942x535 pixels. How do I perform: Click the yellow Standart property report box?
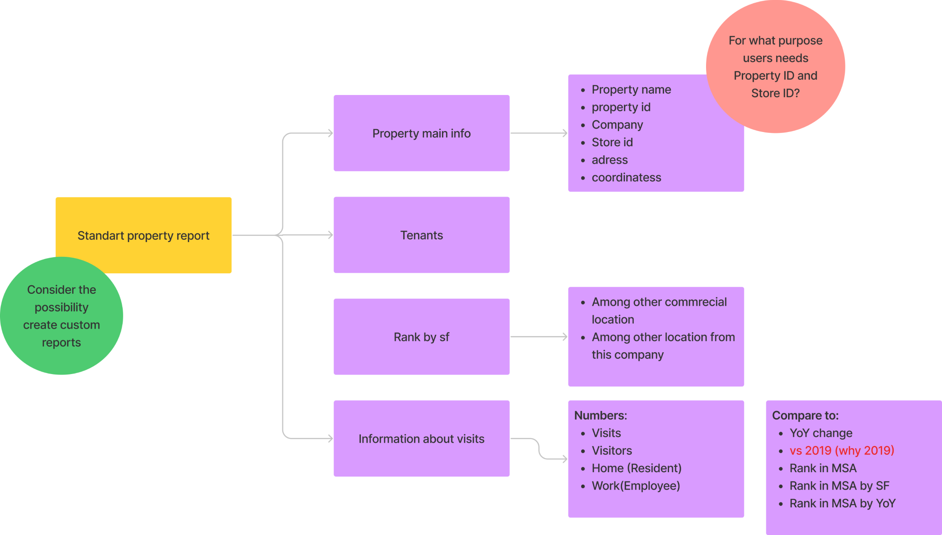pos(143,235)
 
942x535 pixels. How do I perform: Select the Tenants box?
pos(421,235)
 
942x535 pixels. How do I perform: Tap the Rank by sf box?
pos(421,337)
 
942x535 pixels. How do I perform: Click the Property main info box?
pos(421,133)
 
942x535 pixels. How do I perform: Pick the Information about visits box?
pos(421,439)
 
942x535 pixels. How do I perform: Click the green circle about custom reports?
pos(62,316)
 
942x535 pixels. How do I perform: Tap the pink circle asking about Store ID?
pos(775,67)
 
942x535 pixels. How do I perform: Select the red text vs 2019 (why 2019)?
pos(841,450)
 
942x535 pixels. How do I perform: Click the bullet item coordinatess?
pos(626,177)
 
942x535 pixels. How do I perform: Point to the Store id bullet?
pos(612,142)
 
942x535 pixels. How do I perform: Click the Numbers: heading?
pos(600,416)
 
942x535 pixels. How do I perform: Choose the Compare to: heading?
pos(805,416)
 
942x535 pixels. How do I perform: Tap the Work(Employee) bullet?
pos(636,486)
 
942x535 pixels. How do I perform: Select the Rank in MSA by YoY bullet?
pos(842,503)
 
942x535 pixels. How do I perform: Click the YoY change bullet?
pos(821,433)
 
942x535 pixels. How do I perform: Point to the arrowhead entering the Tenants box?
pos(330,235)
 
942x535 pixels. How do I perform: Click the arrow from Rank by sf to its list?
pos(538,337)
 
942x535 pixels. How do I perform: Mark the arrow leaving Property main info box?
pos(538,133)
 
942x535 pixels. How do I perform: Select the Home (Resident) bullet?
pos(636,468)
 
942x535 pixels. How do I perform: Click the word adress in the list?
pos(609,160)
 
